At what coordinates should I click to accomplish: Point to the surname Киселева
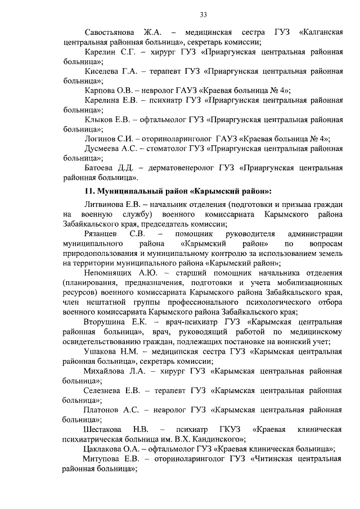103,71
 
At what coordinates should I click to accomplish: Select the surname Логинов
102,139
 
